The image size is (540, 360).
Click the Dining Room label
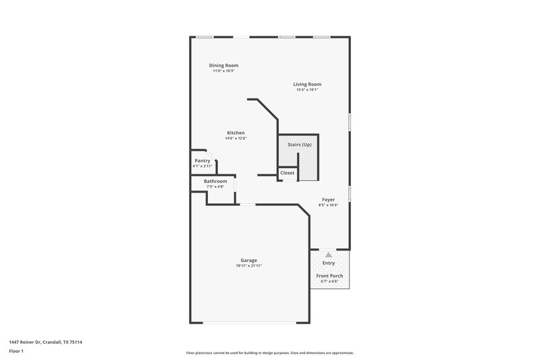pos(223,66)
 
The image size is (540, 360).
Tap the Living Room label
pos(306,84)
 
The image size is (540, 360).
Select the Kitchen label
pos(236,133)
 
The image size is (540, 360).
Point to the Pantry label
pos(202,161)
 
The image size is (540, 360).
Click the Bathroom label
pos(215,181)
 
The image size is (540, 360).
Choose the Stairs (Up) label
pos(300,145)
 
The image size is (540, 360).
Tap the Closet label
pos(288,173)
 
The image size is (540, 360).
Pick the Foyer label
pos(329,200)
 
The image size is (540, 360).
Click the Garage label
pos(249,261)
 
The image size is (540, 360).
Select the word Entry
pos(329,263)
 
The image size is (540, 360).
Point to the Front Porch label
pos(329,276)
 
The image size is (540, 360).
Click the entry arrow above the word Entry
pos(329,255)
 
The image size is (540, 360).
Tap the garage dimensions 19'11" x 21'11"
pos(249,266)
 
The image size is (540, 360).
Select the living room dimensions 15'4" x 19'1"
pos(306,90)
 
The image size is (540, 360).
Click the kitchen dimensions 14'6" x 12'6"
pos(236,138)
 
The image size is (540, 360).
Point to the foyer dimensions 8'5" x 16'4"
pos(329,205)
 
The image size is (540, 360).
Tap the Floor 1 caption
pos(16,351)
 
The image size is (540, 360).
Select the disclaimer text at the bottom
pos(269,353)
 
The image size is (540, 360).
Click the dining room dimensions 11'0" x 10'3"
pos(223,71)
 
